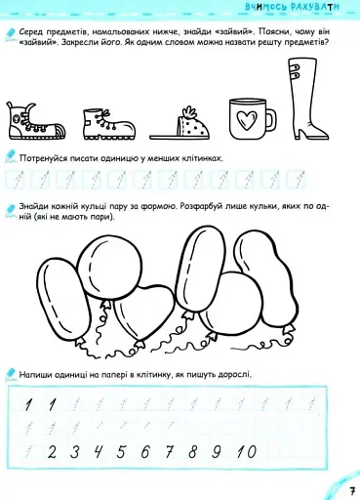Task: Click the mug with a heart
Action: point(251,119)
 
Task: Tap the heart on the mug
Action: point(246,119)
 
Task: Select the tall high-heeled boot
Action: point(306,99)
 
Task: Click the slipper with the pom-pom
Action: point(180,124)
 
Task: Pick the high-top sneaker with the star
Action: point(35,121)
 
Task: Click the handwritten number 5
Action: point(121,452)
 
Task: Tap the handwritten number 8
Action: point(192,452)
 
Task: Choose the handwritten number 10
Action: point(247,452)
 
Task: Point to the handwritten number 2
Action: point(52,452)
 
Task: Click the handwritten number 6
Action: point(145,452)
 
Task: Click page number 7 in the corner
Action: point(352,491)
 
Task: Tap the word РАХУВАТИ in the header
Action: point(314,7)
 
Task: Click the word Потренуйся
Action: point(42,159)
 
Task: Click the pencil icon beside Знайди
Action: point(10,210)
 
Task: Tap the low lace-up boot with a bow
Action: point(108,124)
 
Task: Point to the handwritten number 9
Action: point(217,452)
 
